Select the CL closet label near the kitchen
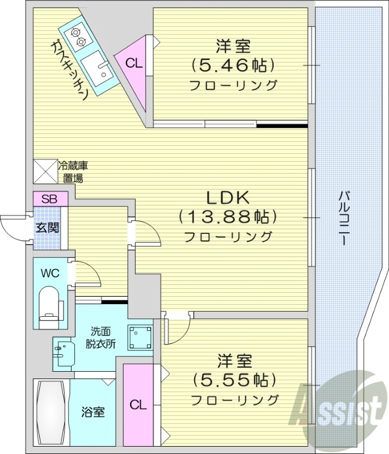click(x=134, y=62)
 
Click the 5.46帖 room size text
click(x=233, y=65)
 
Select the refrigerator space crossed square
click(x=45, y=171)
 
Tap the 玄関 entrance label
click(x=46, y=228)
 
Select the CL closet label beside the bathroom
click(x=137, y=405)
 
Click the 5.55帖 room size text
click(x=234, y=379)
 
